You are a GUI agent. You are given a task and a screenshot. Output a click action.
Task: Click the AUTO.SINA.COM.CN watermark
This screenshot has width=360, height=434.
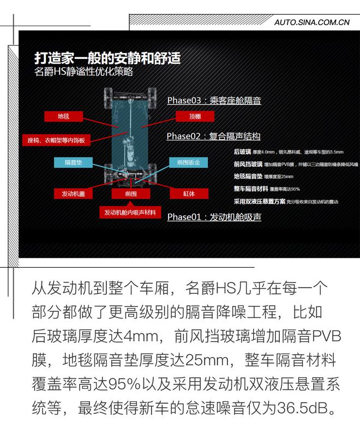click(311, 22)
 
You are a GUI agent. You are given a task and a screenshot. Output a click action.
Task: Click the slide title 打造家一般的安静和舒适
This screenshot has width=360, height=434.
click(107, 57)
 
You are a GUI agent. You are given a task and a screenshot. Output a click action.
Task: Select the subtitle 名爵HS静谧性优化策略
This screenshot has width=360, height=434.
click(83, 72)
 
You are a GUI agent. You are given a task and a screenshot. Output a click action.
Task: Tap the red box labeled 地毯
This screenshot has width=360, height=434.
click(63, 116)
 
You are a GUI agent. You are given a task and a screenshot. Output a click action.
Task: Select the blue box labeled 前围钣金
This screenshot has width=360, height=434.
click(189, 162)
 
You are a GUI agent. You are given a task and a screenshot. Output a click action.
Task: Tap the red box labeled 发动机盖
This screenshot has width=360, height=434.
click(73, 193)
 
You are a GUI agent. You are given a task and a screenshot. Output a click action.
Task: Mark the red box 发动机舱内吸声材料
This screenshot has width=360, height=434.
click(130, 212)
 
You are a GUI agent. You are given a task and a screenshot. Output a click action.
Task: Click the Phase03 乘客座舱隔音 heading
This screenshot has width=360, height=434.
click(214, 100)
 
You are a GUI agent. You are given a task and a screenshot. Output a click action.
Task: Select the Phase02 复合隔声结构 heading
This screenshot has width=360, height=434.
click(213, 136)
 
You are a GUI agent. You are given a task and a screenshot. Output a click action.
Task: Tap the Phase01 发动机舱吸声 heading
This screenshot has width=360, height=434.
click(214, 217)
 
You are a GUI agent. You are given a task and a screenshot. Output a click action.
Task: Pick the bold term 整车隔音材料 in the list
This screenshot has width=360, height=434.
click(250, 189)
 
